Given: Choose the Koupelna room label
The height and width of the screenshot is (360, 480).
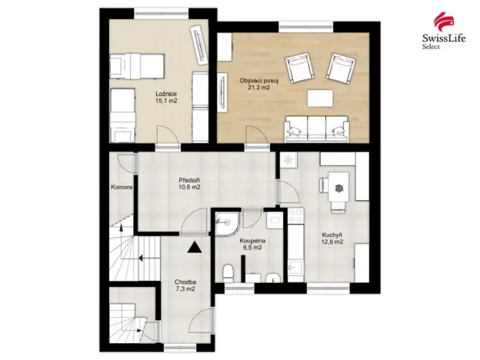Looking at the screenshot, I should (x=246, y=241).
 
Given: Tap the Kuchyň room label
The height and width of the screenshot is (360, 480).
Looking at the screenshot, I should (x=333, y=235).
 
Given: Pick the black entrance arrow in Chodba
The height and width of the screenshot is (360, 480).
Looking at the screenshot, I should (x=193, y=247).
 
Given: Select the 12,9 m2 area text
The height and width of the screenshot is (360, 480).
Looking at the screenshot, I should (x=333, y=242).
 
